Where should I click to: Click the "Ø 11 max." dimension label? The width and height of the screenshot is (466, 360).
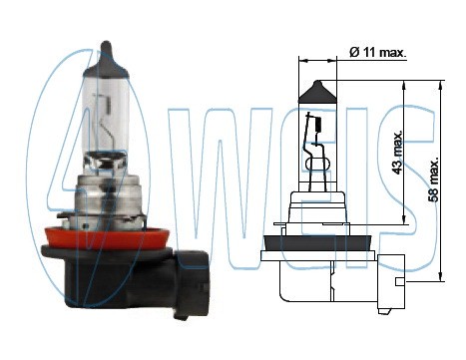click(x=378, y=53)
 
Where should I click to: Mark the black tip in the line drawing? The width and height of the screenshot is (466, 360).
click(x=318, y=94)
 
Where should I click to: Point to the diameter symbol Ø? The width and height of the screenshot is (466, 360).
click(x=355, y=53)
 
